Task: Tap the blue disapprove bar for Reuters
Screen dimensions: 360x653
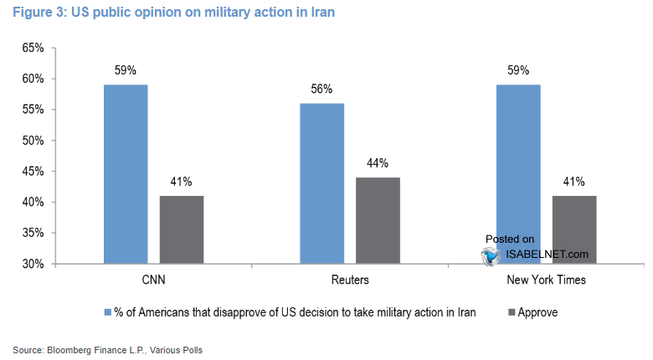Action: [x=321, y=183]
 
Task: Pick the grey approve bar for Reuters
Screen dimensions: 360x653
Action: [x=377, y=220]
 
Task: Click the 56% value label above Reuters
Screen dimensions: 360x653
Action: [x=321, y=89]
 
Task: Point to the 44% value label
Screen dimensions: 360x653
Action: [x=377, y=163]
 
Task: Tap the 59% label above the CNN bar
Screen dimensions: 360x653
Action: [x=126, y=70]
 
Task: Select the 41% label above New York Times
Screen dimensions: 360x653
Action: [x=573, y=182]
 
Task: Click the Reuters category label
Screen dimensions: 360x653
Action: [x=349, y=280]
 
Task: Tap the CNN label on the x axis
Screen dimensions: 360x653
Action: [x=153, y=280]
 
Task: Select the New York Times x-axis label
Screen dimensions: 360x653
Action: [x=546, y=280]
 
